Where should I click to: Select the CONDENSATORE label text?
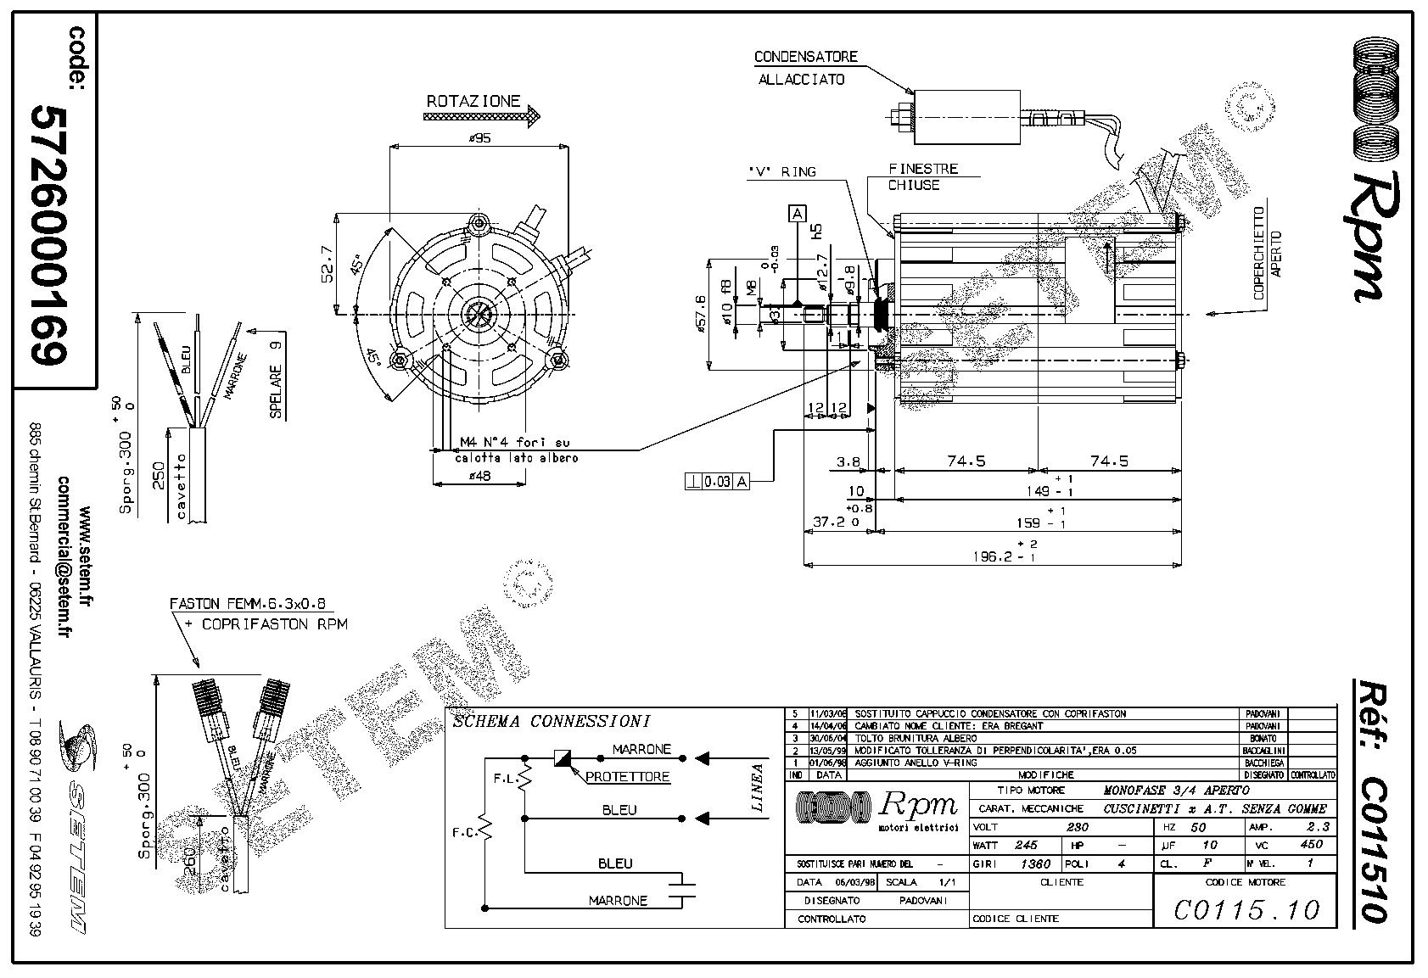coord(806,57)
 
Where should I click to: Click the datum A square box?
coord(797,213)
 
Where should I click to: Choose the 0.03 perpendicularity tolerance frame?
coord(717,482)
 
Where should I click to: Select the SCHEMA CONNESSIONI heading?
coord(552,722)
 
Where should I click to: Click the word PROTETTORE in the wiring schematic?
coord(628,776)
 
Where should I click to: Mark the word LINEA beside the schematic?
coord(758,788)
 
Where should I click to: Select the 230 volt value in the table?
coord(1077,826)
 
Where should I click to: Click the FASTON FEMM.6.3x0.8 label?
coord(250,605)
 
